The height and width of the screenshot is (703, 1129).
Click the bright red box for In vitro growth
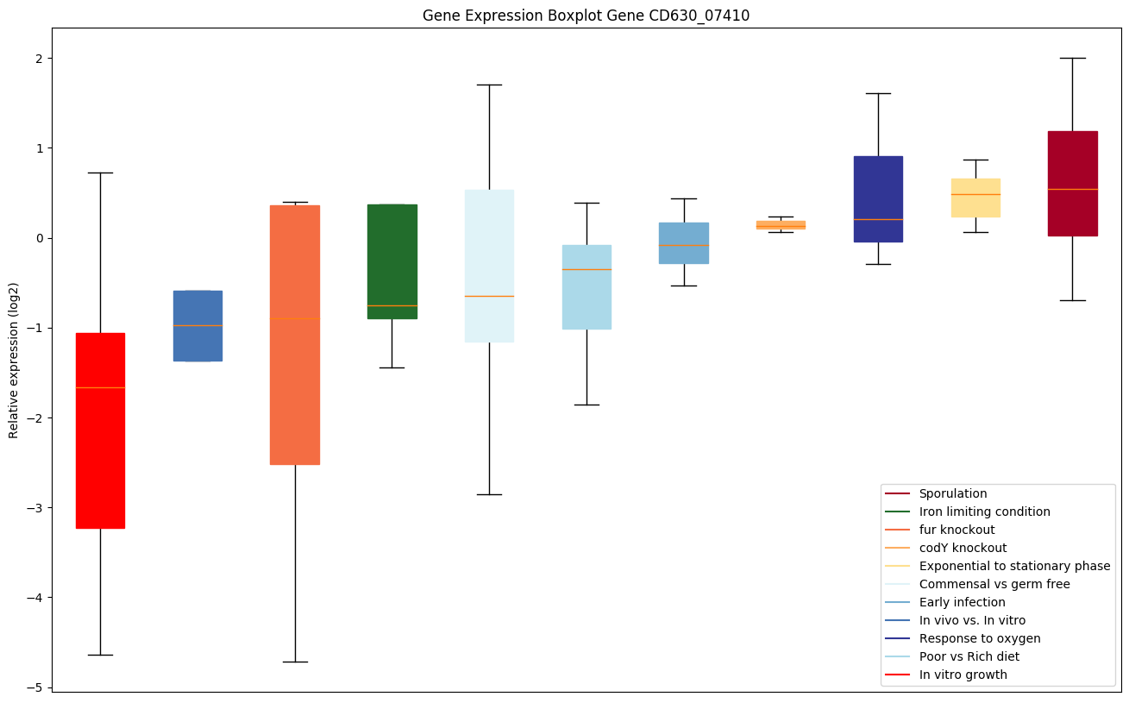point(100,430)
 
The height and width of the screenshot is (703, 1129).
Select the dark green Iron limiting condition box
point(392,261)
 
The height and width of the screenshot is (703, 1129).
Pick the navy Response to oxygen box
point(878,199)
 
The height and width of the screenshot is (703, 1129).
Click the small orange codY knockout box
point(781,225)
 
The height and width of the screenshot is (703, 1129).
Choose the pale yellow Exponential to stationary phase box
point(975,198)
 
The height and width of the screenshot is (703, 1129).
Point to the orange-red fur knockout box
point(295,335)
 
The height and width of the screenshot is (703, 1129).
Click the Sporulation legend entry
point(952,493)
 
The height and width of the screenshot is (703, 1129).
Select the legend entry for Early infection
point(962,602)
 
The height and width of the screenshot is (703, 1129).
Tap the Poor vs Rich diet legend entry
point(969,656)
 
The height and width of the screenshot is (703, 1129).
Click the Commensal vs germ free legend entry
point(994,584)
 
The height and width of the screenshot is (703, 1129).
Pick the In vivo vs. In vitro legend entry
point(972,620)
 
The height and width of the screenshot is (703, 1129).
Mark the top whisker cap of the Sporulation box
point(1072,58)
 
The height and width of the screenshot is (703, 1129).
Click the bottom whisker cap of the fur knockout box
point(295,662)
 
